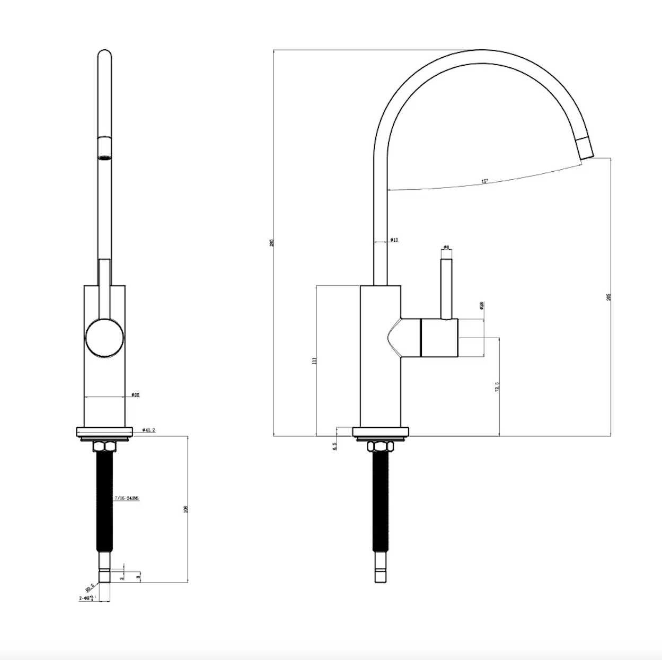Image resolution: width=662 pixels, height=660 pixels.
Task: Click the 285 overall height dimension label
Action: [272, 243]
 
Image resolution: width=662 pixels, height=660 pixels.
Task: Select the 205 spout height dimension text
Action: [608, 297]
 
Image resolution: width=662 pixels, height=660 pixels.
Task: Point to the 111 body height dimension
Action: [314, 361]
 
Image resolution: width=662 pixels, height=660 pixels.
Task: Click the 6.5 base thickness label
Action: [334, 447]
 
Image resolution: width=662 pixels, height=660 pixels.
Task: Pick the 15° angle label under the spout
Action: [484, 181]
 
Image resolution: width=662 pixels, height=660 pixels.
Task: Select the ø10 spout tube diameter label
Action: [394, 240]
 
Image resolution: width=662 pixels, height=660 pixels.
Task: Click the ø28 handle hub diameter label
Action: [482, 306]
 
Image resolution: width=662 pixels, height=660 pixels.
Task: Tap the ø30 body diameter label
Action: [135, 395]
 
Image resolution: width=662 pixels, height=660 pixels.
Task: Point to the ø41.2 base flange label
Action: [148, 430]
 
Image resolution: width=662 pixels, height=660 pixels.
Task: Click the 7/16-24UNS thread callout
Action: [127, 498]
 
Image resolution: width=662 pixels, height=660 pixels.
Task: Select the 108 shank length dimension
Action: [186, 509]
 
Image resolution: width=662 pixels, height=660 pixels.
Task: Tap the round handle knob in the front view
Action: [104, 338]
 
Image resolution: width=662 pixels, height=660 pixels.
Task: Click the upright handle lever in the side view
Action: [446, 289]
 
